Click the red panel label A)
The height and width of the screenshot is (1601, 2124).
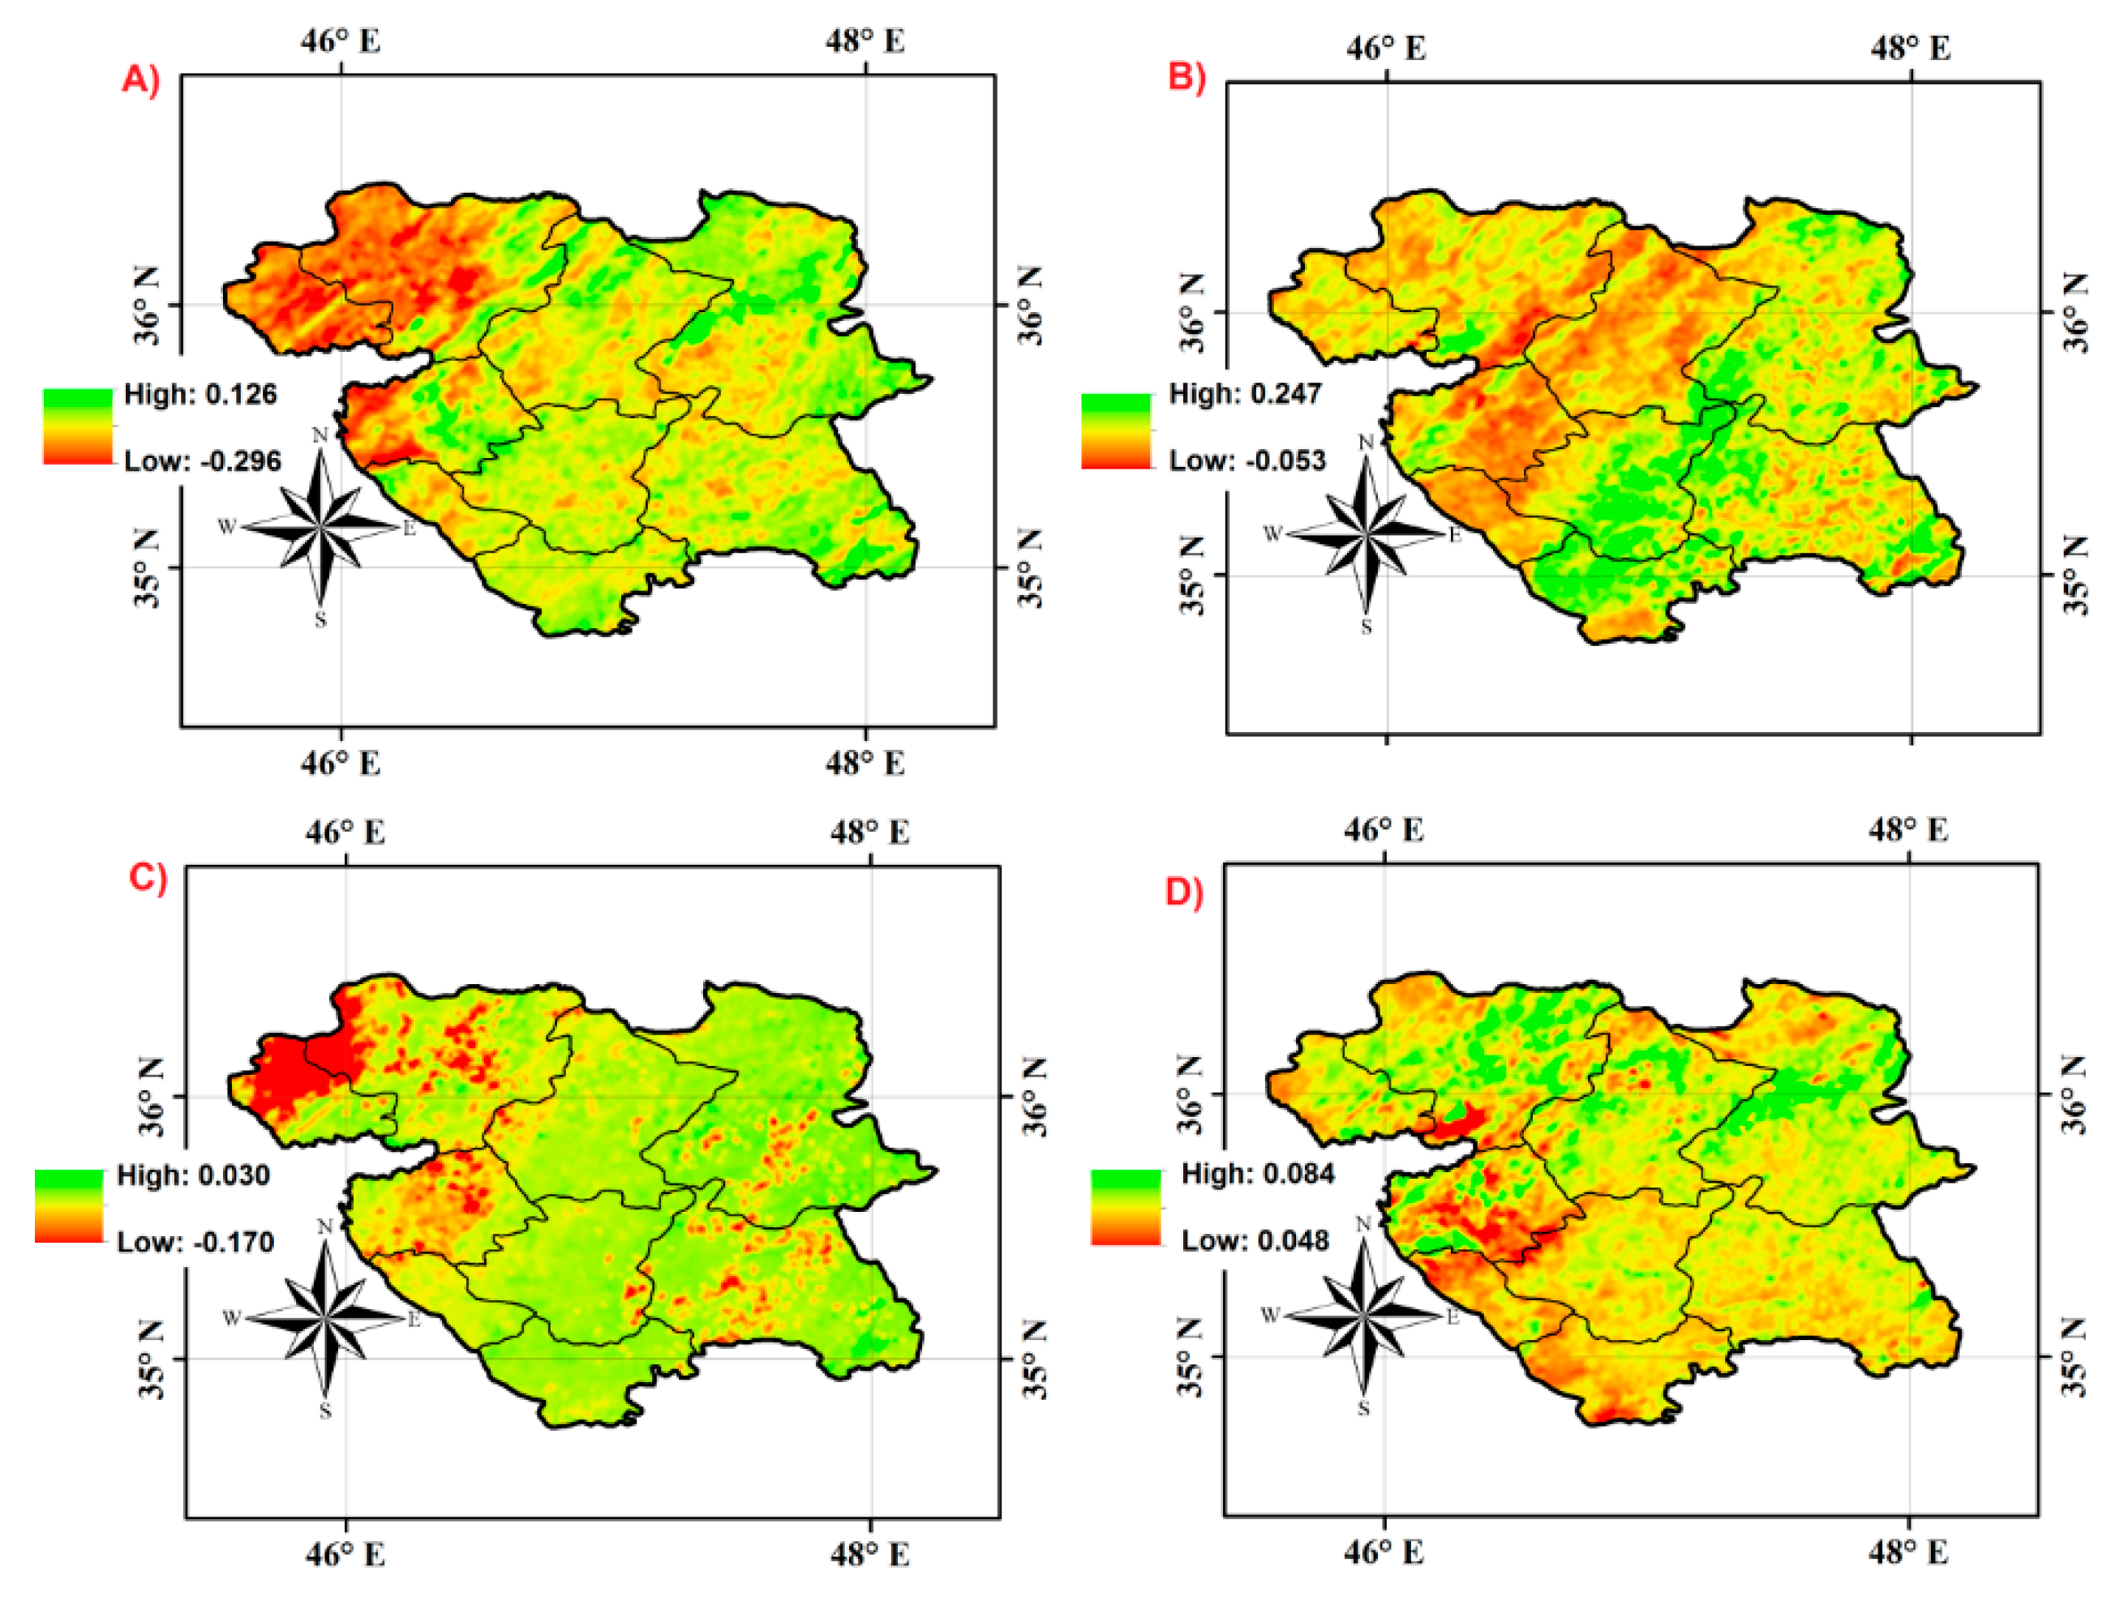(x=140, y=79)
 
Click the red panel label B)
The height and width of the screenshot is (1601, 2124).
(x=1186, y=76)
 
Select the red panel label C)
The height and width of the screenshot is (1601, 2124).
(x=148, y=877)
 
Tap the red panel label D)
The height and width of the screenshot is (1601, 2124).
(x=1184, y=892)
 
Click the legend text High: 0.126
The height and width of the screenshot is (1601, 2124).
(x=200, y=395)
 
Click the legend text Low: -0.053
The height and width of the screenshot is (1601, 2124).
(x=1247, y=460)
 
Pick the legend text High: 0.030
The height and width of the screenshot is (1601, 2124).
(x=194, y=1175)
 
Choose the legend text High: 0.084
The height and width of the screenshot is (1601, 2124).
(x=1258, y=1173)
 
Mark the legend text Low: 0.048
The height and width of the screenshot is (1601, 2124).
(x=1255, y=1240)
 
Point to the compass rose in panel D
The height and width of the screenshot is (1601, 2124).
(x=1363, y=1315)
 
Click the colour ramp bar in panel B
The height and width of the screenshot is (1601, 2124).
(x=1116, y=431)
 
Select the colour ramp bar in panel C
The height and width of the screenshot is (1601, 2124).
(x=69, y=1206)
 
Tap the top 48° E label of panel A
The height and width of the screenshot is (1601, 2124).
(x=865, y=41)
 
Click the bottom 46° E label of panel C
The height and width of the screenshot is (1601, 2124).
(x=345, y=1554)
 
